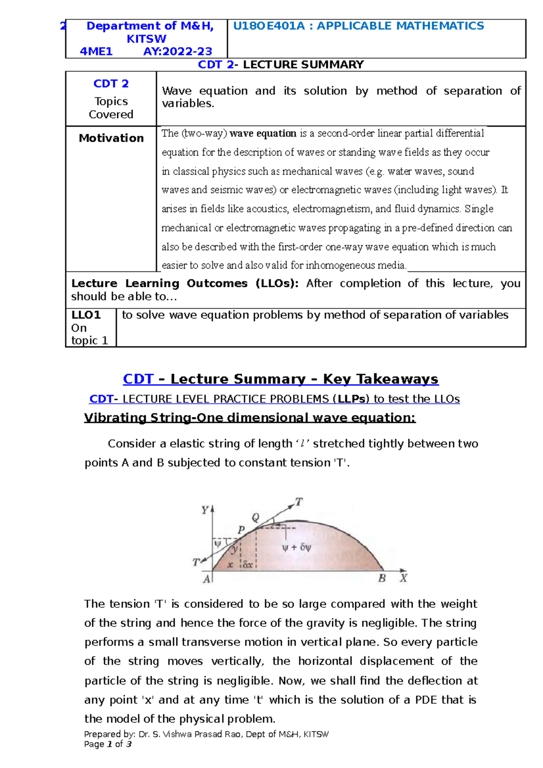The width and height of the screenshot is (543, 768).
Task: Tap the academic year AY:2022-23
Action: click(178, 52)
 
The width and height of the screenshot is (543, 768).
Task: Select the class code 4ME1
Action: click(96, 52)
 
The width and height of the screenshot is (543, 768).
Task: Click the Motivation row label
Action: click(111, 138)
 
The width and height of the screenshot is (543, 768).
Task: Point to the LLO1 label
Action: click(86, 315)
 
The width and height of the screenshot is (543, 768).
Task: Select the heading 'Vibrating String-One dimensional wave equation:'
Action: click(250, 417)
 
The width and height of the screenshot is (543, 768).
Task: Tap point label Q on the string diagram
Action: click(256, 517)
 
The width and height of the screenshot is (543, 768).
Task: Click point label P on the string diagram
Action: click(241, 530)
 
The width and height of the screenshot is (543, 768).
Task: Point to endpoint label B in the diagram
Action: click(382, 578)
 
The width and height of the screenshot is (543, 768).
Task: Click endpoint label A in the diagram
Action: click(207, 579)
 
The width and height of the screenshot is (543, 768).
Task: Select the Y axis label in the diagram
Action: click(205, 510)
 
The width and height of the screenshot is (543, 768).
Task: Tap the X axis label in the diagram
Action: click(403, 578)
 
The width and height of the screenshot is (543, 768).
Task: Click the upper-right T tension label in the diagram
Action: click(299, 502)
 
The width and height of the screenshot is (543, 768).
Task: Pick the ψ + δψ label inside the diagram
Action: click(296, 548)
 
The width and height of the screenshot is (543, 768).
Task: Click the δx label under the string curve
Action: click(248, 564)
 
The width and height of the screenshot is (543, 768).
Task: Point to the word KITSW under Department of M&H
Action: click(146, 39)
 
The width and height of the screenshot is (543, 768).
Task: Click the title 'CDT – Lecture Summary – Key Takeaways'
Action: click(281, 379)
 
